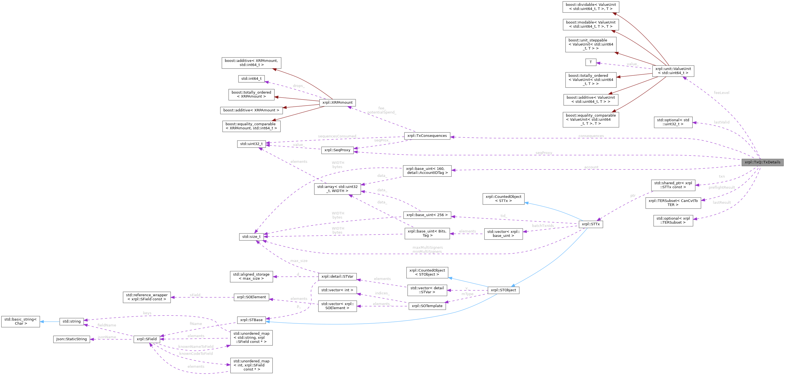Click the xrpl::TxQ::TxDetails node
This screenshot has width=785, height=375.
point(762,162)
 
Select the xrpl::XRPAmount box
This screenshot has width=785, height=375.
point(337,103)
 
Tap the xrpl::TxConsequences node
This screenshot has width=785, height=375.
point(427,136)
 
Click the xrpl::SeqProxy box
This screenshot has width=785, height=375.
point(337,150)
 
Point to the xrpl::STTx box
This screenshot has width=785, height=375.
point(591,224)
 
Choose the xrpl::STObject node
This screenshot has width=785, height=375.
point(503,290)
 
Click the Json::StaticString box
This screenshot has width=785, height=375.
point(72,339)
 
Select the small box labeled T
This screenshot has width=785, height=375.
point(591,62)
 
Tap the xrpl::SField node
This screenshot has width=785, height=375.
point(146,339)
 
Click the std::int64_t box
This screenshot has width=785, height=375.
point(251,78)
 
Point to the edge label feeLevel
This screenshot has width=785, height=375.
point(721,93)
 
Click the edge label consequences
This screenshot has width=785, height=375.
point(591,136)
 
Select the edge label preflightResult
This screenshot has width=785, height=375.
point(722,187)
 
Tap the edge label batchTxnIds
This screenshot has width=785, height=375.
point(543,226)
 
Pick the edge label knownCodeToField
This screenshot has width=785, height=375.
point(196,354)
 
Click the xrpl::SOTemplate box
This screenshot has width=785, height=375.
point(427,306)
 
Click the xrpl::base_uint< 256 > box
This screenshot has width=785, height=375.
point(427,215)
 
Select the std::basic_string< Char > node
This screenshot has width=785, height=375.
point(20,321)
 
